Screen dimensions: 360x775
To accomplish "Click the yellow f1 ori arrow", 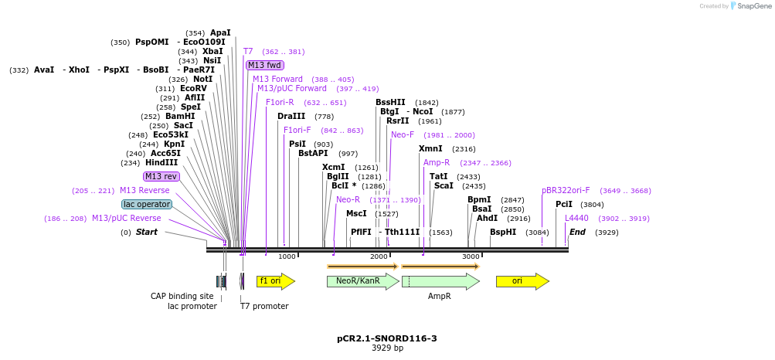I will click(275, 281).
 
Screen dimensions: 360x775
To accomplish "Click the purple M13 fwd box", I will click(264, 65).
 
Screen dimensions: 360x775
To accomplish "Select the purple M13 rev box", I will click(161, 176).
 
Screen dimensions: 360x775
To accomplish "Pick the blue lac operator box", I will click(147, 204).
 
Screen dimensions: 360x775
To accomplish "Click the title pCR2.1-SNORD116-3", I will click(387, 338).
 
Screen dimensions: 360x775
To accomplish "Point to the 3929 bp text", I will click(387, 348).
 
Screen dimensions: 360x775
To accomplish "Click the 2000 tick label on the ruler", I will click(379, 256).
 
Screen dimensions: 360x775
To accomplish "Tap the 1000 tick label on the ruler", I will click(287, 256).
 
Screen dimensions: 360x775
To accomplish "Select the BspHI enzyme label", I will click(503, 232).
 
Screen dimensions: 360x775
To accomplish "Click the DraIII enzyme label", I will click(291, 116).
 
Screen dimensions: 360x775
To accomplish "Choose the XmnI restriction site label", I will click(430, 148).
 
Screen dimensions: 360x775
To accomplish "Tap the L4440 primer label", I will click(576, 218).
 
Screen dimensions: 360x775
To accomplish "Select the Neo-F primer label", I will click(403, 134).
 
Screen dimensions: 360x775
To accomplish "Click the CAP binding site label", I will click(182, 296).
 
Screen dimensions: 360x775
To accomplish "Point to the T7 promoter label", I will click(264, 307).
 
